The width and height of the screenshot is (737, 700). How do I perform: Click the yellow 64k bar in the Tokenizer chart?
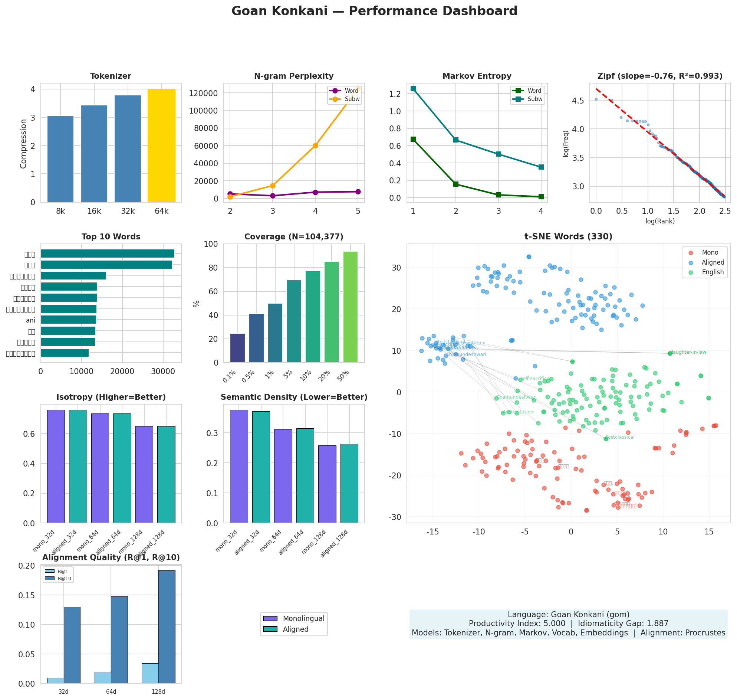point(161,145)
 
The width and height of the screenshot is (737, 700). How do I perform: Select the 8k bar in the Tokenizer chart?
point(60,159)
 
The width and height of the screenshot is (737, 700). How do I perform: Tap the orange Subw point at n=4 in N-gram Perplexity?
point(315,145)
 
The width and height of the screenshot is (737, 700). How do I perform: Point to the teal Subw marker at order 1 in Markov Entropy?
point(413,89)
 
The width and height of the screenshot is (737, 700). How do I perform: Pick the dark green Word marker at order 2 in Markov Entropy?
point(455,184)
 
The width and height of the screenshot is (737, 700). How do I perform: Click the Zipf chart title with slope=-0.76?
point(659,76)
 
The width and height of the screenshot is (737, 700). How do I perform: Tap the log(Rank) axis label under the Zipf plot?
point(660,221)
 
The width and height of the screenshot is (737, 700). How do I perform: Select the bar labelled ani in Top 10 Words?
point(68,320)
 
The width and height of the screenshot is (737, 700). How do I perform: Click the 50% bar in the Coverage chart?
point(350,307)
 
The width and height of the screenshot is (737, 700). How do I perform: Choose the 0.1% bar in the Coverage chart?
point(237,348)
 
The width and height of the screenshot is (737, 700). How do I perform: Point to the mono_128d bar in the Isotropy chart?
point(144,474)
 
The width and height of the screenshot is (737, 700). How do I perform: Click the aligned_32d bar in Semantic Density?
point(261,467)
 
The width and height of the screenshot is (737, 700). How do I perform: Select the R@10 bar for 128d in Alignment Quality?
point(167,627)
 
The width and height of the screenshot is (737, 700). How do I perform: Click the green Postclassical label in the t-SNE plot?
point(619,437)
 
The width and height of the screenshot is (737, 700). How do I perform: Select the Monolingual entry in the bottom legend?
point(303,618)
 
